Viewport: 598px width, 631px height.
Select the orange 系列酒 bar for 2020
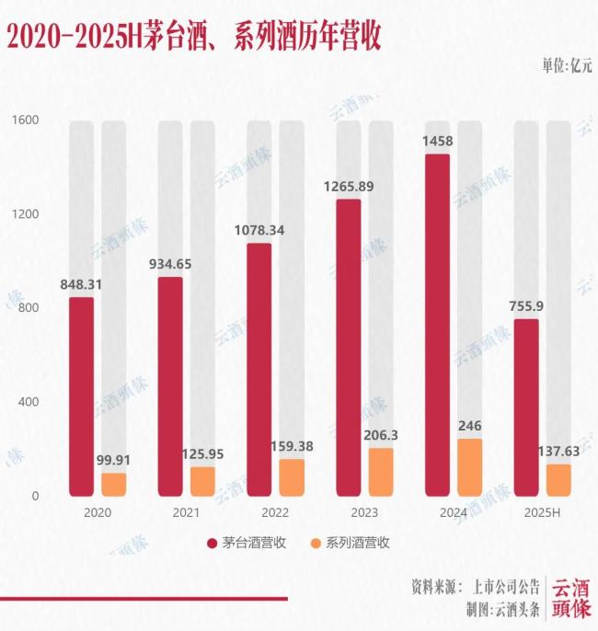114,485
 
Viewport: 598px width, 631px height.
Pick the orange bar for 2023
381,472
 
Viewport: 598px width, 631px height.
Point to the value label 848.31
82,284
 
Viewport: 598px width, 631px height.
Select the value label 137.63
558,452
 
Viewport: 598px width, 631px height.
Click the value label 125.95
202,454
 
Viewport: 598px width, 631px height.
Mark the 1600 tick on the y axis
25,120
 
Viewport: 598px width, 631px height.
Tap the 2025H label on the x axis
543,512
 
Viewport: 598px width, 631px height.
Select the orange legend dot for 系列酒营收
315,543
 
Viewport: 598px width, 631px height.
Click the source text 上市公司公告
505,586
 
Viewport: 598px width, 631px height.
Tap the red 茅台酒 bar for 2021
170,386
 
